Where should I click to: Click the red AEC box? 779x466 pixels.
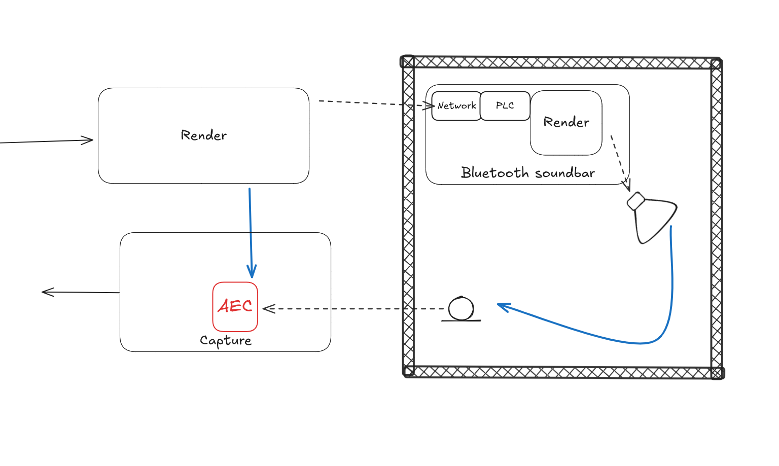pyautogui.click(x=235, y=306)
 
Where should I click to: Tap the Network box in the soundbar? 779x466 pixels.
pyautogui.click(x=456, y=106)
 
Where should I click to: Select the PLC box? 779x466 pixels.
pyautogui.click(x=505, y=106)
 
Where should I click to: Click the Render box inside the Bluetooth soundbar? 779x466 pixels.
pyautogui.click(x=566, y=123)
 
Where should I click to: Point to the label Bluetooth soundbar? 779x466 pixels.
pyautogui.click(x=527, y=173)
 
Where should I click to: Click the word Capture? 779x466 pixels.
pyautogui.click(x=226, y=340)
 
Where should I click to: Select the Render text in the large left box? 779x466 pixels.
pyautogui.click(x=203, y=135)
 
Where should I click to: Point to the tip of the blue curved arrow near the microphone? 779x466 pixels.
pyautogui.click(x=499, y=305)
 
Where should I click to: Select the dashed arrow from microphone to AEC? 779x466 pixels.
pyautogui.click(x=355, y=309)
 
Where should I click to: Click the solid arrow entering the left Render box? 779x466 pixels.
pyautogui.click(x=46, y=141)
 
